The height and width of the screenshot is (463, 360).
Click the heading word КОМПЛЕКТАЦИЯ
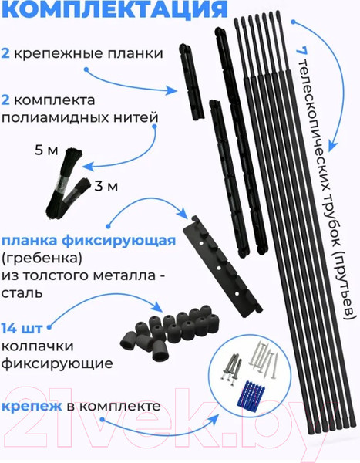(115, 8)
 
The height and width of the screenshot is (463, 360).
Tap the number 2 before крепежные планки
(5, 54)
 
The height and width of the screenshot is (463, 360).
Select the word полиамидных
(56, 118)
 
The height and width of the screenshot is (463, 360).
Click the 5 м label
(46, 150)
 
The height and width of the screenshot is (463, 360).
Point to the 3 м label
(106, 186)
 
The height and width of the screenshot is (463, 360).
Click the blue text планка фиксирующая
(89, 242)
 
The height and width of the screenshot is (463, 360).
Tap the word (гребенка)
(42, 259)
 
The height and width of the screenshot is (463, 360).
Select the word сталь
(22, 293)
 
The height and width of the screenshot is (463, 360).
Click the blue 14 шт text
(22, 329)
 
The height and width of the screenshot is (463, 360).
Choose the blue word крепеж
(32, 407)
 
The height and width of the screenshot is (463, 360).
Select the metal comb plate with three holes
(223, 266)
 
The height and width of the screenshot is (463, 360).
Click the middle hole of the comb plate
(219, 268)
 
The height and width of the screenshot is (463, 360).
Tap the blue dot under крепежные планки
(86, 70)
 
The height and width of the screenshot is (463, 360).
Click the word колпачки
(38, 346)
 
